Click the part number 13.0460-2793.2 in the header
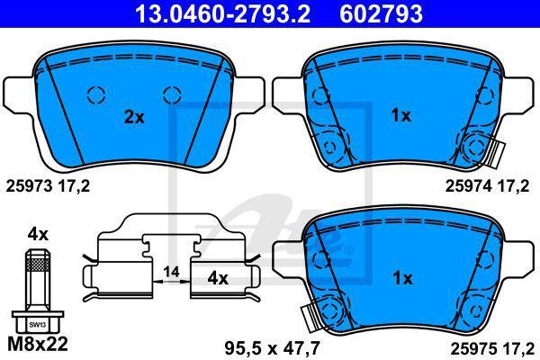point(223,13)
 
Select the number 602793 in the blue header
point(382,13)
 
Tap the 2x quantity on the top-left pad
point(134,118)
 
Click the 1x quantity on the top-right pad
point(400,116)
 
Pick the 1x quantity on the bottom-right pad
point(402,278)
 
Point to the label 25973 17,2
point(48,186)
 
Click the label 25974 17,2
point(487,186)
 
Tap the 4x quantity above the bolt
point(38,235)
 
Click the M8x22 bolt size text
point(38,344)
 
